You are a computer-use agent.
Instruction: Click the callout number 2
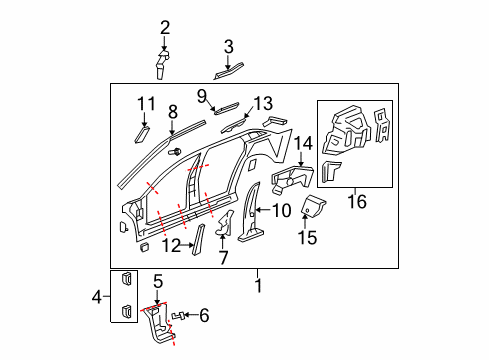(165, 28)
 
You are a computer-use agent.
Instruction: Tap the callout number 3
(228, 47)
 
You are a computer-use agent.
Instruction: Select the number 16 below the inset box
(357, 202)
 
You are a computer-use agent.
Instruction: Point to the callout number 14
(303, 144)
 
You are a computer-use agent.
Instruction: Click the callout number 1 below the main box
(258, 286)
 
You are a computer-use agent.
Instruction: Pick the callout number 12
(171, 245)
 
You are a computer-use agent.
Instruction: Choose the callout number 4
(97, 296)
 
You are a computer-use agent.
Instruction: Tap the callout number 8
(173, 112)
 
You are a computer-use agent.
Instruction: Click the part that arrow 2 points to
(162, 65)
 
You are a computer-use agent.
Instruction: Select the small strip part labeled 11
(142, 135)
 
